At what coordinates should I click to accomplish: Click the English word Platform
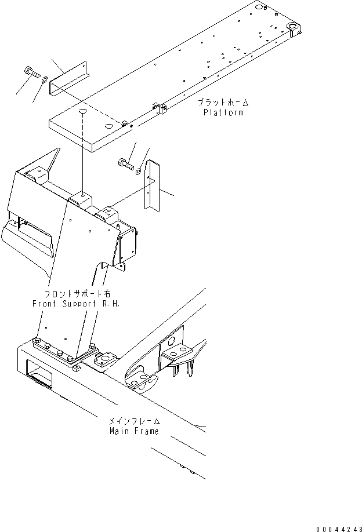(x=223, y=112)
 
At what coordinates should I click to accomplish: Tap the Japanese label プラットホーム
(x=223, y=103)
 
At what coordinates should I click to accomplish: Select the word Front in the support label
(x=47, y=304)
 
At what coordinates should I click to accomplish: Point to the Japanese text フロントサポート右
(x=77, y=294)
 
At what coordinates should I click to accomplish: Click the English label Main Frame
(x=133, y=431)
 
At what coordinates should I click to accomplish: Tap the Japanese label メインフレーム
(x=134, y=421)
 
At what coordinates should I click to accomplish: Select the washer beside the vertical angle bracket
(x=137, y=171)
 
